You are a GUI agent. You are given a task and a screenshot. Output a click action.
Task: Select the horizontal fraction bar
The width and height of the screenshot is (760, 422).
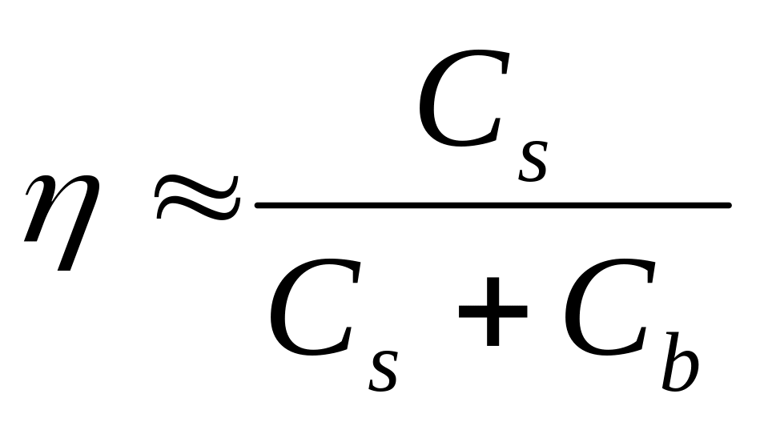pos(492,207)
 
